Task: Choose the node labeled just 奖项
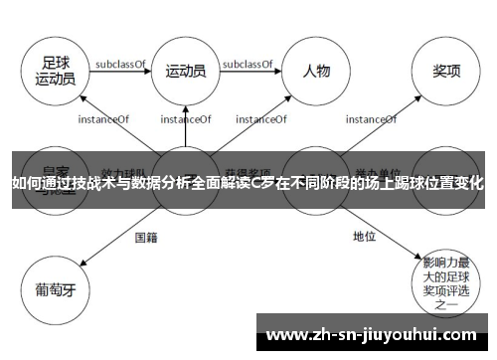pyautogui.click(x=445, y=70)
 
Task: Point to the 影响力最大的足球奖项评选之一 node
pyautogui.click(x=444, y=280)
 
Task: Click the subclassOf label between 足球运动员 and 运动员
pyautogui.click(x=120, y=64)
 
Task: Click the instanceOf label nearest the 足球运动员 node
pyautogui.click(x=103, y=118)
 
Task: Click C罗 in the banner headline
pyautogui.click(x=260, y=183)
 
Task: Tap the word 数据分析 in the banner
pyautogui.click(x=149, y=183)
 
